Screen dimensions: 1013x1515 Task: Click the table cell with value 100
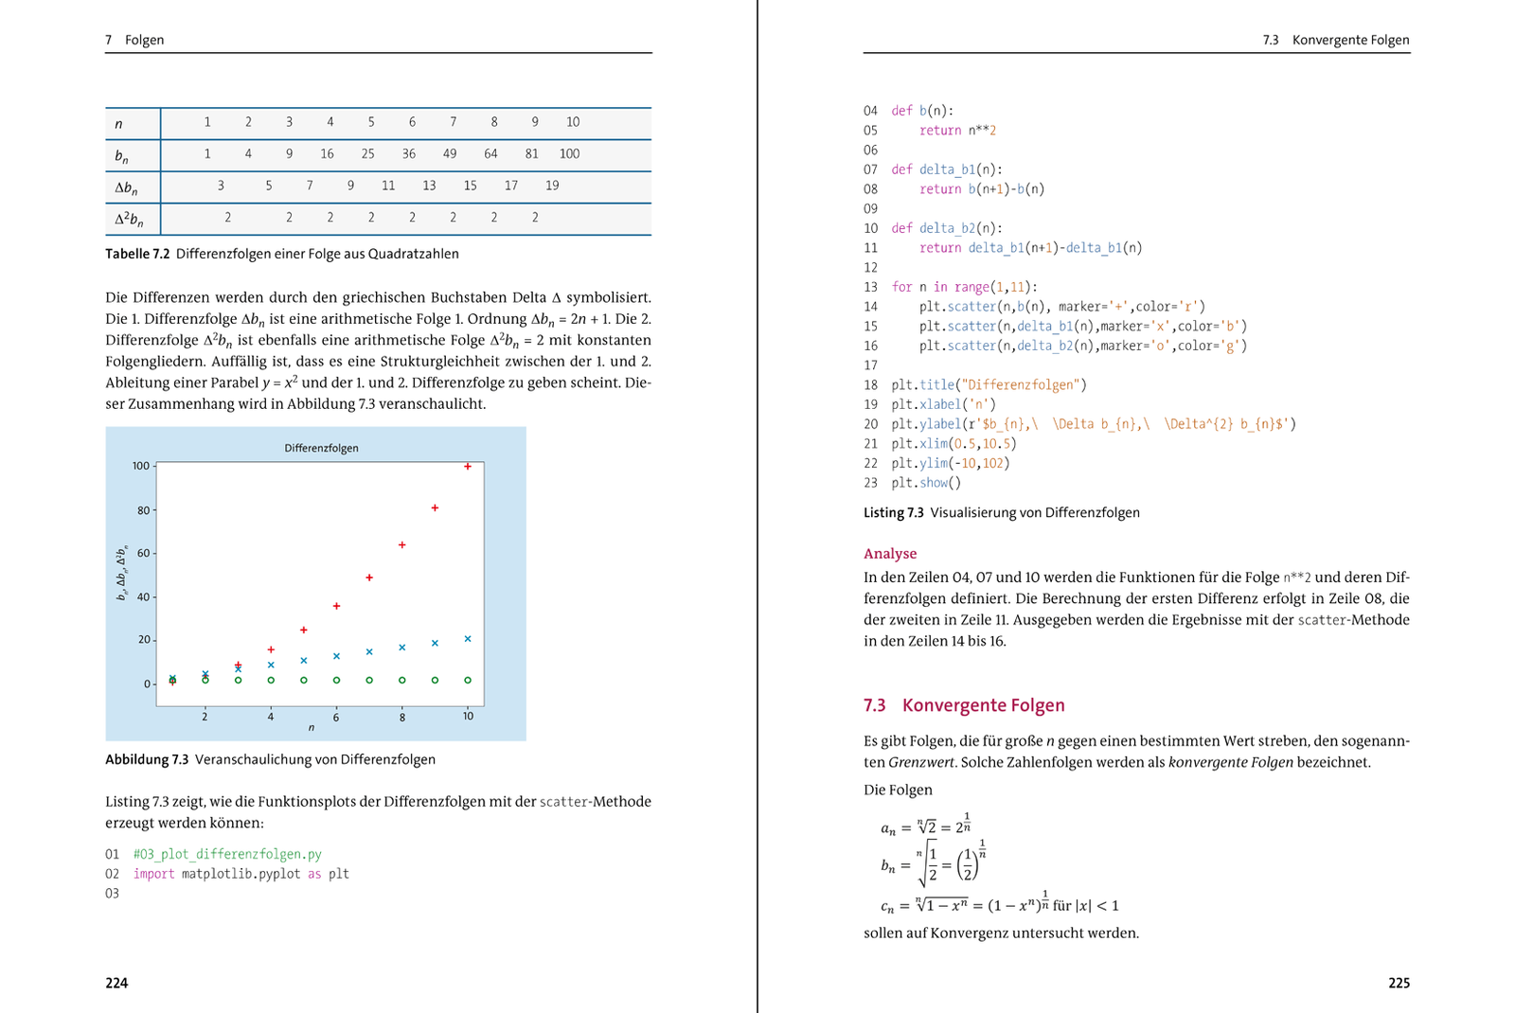[x=569, y=154]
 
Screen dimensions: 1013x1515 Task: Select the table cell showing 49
[x=450, y=154]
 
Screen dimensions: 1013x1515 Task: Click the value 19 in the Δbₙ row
[x=552, y=186]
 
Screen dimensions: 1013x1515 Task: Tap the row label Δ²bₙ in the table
[x=130, y=220]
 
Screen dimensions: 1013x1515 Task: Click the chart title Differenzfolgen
[x=321, y=448]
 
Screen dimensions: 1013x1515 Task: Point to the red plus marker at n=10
[x=468, y=466]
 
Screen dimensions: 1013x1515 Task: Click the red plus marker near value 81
[x=435, y=508]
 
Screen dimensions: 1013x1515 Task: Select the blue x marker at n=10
[x=468, y=639]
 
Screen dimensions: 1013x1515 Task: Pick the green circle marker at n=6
[x=336, y=680]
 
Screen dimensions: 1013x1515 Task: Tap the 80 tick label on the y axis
[x=144, y=510]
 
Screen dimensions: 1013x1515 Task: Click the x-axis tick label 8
[x=401, y=718]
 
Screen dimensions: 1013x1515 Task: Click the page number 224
[x=116, y=983]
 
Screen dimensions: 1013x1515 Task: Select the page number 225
[x=1399, y=983]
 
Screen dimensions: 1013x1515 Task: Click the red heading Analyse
[x=889, y=554]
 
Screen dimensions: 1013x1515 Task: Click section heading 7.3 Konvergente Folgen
[x=964, y=705]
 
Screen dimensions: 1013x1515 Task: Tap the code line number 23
[x=870, y=483]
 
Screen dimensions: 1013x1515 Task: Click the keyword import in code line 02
[x=153, y=874]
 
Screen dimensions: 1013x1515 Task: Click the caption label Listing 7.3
[x=893, y=512]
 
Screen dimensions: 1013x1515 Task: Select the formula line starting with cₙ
[x=999, y=904]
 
